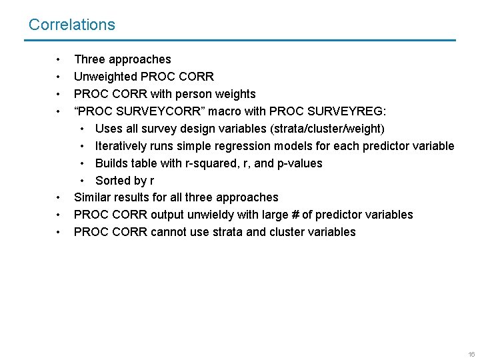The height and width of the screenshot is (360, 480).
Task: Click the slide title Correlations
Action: pos(72,25)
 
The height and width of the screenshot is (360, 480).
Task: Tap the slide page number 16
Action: pos(471,354)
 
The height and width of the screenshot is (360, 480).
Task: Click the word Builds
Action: pos(112,163)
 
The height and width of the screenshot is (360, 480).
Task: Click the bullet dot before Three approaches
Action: pos(59,59)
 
